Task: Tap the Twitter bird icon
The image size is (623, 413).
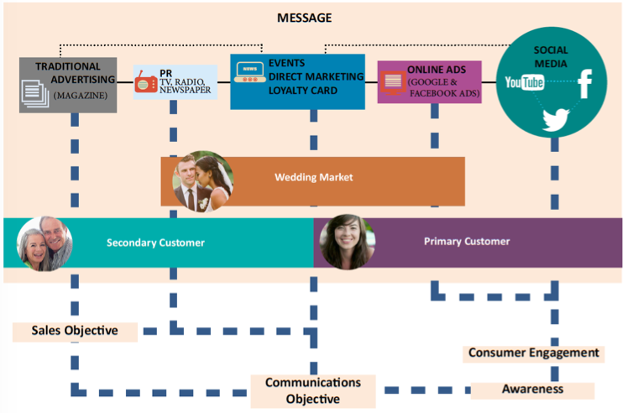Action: pyautogui.click(x=556, y=119)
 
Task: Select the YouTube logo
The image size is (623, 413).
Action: pyautogui.click(x=525, y=82)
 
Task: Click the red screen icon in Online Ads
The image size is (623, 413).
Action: pyautogui.click(x=392, y=82)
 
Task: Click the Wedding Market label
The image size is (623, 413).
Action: pyautogui.click(x=313, y=178)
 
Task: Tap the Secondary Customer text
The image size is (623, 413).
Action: pyautogui.click(x=155, y=243)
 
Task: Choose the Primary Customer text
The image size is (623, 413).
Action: pyautogui.click(x=467, y=241)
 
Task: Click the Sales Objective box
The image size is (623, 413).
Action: pyautogui.click(x=75, y=331)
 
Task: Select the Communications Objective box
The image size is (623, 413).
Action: pyautogui.click(x=312, y=390)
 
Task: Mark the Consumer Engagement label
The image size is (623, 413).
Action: pyautogui.click(x=533, y=353)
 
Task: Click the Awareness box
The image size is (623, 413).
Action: pyautogui.click(x=532, y=389)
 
